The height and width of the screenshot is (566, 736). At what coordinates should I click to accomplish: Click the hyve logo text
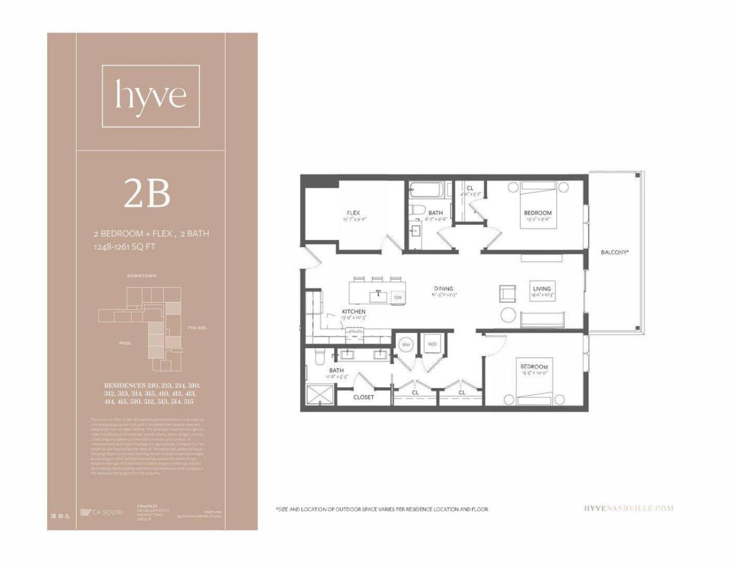[151, 95]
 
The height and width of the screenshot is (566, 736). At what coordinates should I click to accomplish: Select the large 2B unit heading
[147, 194]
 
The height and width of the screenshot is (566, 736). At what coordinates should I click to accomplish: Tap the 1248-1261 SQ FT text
[124, 247]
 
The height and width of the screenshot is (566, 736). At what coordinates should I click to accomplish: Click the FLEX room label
[353, 213]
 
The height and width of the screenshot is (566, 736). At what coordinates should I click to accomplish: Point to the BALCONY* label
[614, 252]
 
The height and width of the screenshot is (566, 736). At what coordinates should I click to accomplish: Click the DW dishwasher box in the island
[398, 297]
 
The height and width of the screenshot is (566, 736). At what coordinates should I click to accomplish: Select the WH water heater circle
[405, 345]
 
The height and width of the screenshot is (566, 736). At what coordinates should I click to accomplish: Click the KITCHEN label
[354, 312]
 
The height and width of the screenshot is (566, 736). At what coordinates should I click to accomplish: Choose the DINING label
[443, 289]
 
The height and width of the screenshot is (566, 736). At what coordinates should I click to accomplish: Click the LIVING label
[542, 289]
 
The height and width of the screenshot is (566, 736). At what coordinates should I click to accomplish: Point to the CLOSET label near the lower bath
[364, 397]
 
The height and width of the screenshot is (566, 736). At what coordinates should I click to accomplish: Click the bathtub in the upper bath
[426, 190]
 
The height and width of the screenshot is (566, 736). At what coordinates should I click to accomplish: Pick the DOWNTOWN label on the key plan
[141, 276]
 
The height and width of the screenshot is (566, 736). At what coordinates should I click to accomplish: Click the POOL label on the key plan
[125, 343]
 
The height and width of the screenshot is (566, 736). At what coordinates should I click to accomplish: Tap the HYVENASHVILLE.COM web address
[628, 508]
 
